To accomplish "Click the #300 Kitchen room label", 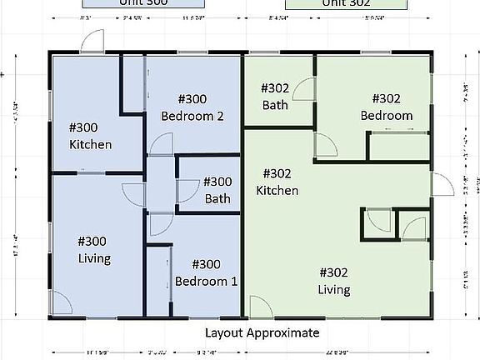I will pos(91,136).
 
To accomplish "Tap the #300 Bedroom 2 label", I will pos(192,108).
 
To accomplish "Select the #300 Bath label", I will pos(217,189).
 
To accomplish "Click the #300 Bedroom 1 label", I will pos(206,272).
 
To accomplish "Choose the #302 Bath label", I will pos(275,96).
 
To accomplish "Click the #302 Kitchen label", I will pos(277,182).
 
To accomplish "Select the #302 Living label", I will pos(333,281).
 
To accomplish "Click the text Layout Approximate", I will pos(262,332).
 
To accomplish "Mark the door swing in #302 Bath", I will pos(302,90).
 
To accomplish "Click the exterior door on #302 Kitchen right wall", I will pos(438,184).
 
